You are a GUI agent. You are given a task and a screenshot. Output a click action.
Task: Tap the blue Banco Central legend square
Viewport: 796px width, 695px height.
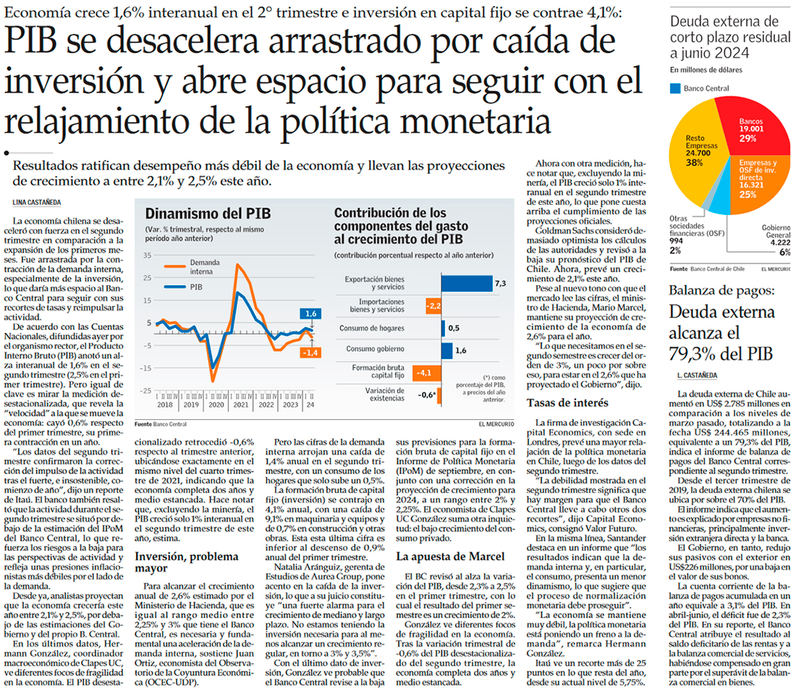click(x=675, y=88)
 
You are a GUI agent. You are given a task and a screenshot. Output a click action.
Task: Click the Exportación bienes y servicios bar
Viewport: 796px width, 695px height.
click(x=467, y=284)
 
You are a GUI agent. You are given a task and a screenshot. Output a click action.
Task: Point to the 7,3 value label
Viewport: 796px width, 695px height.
click(x=500, y=284)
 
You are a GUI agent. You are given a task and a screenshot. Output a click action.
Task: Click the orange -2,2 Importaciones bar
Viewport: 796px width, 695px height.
click(x=433, y=306)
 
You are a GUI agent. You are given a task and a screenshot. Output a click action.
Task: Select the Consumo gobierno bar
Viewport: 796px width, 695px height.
click(x=447, y=350)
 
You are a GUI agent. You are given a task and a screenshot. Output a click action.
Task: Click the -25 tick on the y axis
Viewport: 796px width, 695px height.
click(x=146, y=391)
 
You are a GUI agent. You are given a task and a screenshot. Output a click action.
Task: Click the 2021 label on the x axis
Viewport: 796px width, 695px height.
click(x=240, y=405)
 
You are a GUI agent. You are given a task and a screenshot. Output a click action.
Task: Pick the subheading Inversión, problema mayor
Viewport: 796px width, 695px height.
click(x=187, y=544)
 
